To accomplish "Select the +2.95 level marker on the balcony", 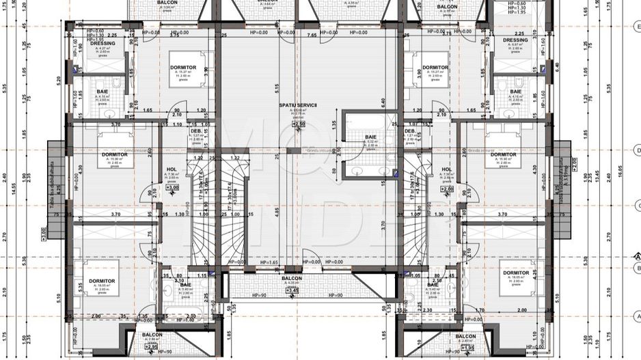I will tap(152, 347).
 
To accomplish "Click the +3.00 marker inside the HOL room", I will tap(172, 187).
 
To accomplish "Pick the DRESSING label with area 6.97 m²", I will tap(515, 41).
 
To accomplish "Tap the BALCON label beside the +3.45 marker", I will tap(293, 279).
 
